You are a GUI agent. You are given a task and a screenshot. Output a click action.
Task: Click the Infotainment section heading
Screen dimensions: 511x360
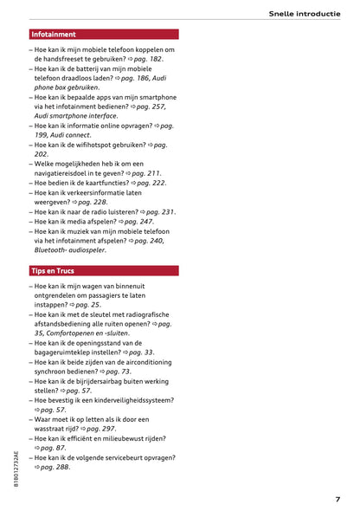pos(53,35)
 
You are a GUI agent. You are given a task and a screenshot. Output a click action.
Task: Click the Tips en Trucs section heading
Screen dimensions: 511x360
pos(55,271)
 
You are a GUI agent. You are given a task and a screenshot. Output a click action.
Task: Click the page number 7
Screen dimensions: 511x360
pos(337,499)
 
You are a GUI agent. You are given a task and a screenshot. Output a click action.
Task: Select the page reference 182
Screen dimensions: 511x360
pos(154,59)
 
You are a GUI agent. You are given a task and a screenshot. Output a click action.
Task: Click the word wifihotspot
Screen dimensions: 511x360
pos(105,145)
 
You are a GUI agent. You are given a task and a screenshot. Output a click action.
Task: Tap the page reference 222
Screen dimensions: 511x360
pos(152,183)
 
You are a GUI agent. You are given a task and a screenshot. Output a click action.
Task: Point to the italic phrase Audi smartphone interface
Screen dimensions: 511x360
pos(76,116)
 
